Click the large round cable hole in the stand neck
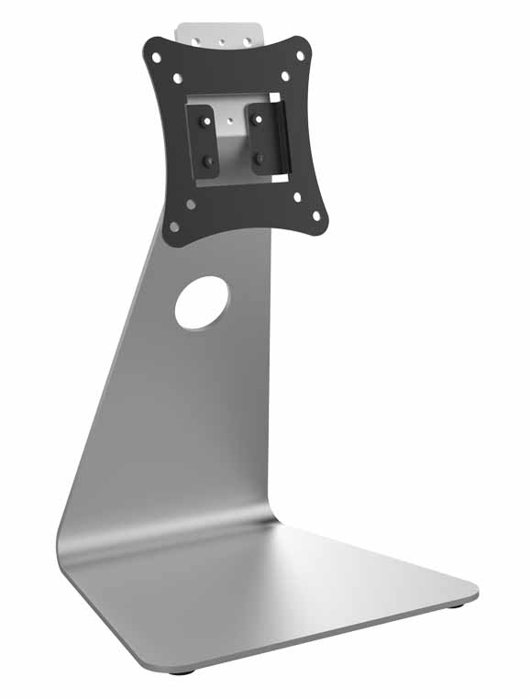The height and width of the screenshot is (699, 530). click(202, 304)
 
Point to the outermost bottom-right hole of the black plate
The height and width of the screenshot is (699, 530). click(318, 216)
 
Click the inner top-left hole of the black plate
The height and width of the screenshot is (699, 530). click(179, 78)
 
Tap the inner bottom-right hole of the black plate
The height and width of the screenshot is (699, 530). click(297, 195)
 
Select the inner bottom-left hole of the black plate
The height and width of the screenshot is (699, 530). click(191, 204)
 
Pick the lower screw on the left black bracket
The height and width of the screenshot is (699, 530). click(208, 160)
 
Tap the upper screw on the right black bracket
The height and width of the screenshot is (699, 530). click(258, 116)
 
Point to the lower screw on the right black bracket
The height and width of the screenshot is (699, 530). click(260, 158)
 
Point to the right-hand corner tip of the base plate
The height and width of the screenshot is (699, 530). click(476, 588)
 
